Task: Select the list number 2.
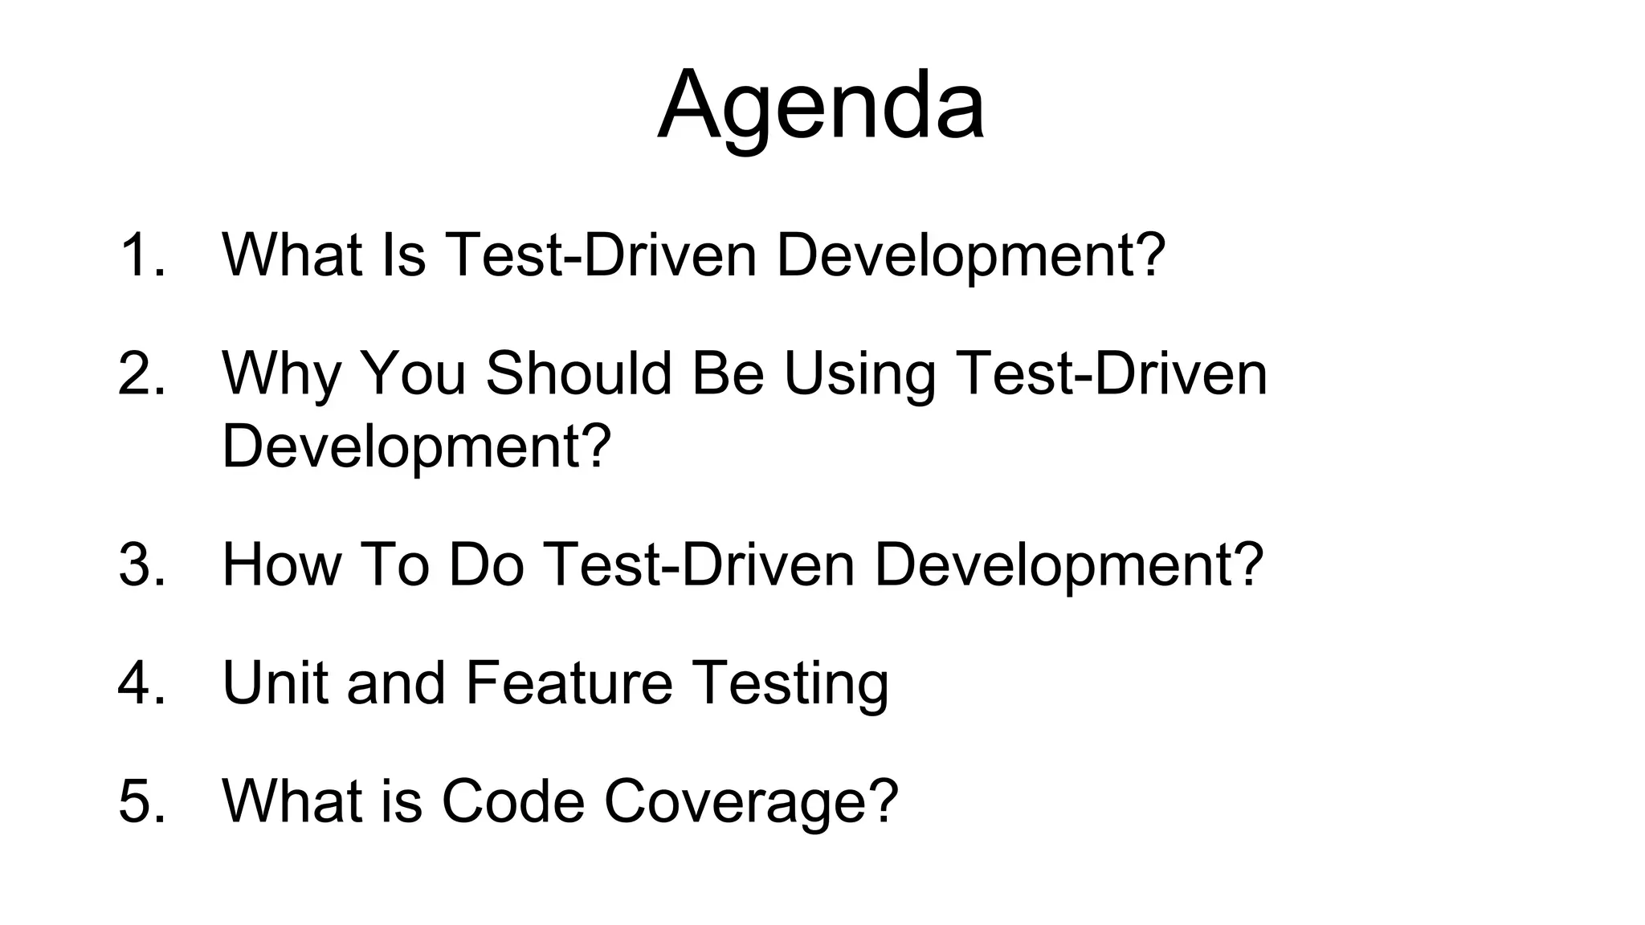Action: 141,373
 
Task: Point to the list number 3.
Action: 141,564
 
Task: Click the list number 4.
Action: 141,683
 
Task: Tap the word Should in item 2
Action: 578,373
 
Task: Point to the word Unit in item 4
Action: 274,683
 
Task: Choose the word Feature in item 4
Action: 569,683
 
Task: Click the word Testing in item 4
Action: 790,684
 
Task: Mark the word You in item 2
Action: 413,373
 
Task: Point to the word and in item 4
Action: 396,683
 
